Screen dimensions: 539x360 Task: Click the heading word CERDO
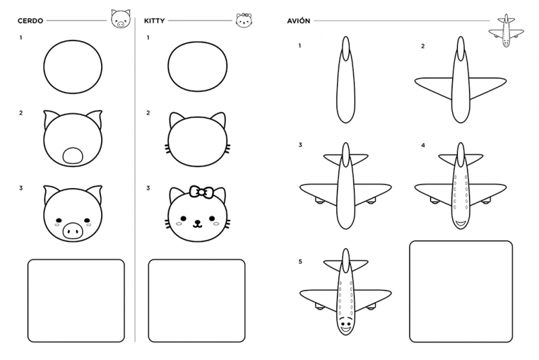coord(30,21)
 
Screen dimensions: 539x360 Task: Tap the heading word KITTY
coord(154,21)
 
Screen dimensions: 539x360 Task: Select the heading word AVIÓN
coord(298,21)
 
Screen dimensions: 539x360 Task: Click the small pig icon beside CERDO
coord(121,19)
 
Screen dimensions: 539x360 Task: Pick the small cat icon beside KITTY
coord(244,20)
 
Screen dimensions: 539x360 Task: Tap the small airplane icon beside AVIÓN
coord(506,31)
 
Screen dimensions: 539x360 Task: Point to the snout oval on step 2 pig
coord(73,156)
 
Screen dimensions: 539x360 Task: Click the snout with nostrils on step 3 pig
coord(73,231)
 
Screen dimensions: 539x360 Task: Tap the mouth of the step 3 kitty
coord(197,224)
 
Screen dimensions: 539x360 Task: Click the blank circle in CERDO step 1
coord(73,67)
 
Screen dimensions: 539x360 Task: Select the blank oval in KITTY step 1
coord(197,67)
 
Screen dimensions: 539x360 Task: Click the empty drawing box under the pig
coord(76,301)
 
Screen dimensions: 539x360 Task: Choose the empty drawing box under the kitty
coord(197,301)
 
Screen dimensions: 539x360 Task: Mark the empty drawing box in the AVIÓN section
coord(461,292)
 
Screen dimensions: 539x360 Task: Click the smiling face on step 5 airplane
coord(346,326)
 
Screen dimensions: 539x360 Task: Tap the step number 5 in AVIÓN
coord(300,262)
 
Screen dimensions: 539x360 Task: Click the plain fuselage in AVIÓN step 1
coord(346,80)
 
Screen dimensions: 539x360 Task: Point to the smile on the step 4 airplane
coord(460,224)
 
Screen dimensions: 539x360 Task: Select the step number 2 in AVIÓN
coord(423,46)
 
